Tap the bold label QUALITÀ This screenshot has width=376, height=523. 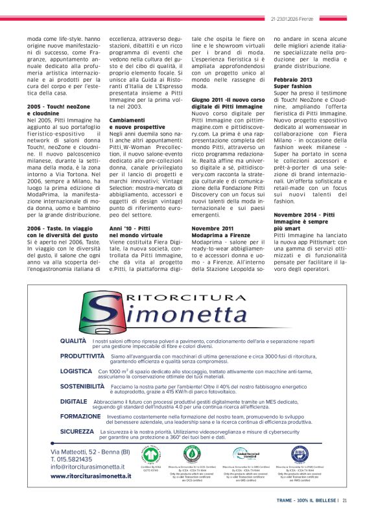click(73, 340)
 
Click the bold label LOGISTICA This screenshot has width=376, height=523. click(76, 371)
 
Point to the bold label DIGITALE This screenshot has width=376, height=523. click(73, 401)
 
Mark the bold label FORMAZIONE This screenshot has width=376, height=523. click(80, 416)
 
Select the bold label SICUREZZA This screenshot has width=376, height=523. click(76, 431)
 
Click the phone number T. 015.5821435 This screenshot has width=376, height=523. click(78, 458)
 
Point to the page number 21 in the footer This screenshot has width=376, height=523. click(346, 500)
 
